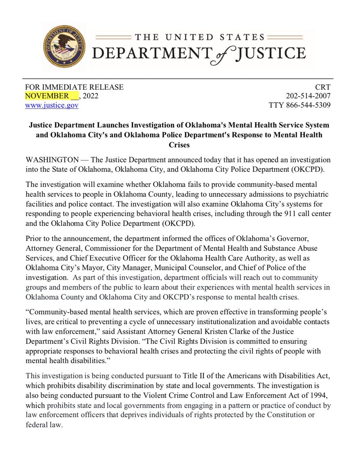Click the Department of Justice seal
point(64,46)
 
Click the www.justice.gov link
point(51,105)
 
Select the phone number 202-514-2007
point(308,96)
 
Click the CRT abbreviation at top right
point(323,87)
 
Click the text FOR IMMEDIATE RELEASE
point(74,87)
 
